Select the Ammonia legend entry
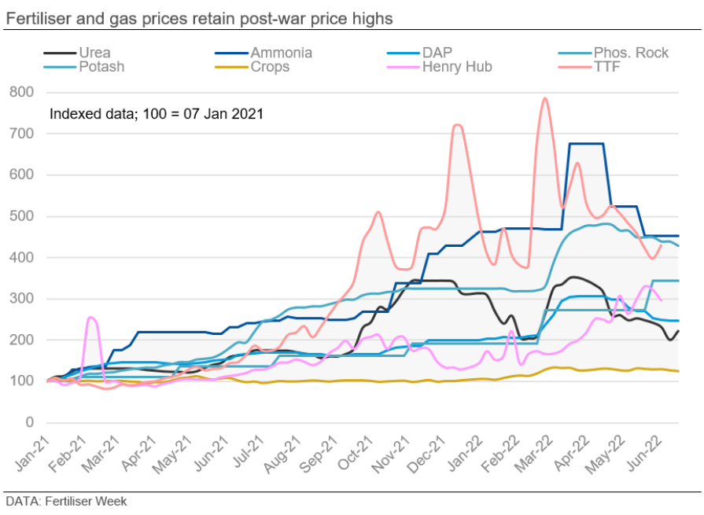coord(281,53)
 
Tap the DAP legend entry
coord(437,53)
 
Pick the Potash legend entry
coord(101,67)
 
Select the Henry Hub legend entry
coord(457,67)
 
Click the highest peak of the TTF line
coord(544,98)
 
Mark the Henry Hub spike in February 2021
coord(91,318)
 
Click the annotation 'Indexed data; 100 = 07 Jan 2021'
coord(156,114)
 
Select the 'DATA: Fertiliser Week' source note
coord(66,501)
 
